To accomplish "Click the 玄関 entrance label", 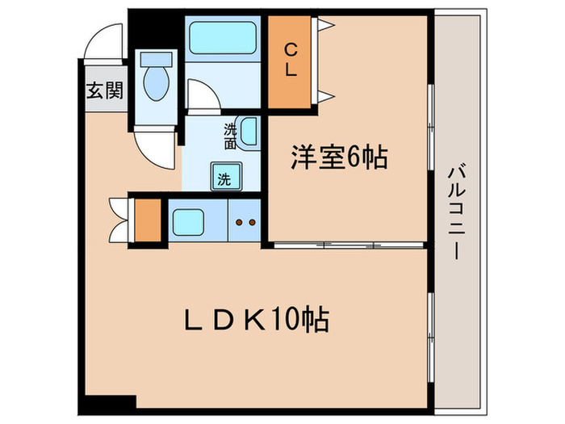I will click(x=104, y=90).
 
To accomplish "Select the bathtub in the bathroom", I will click(x=222, y=37).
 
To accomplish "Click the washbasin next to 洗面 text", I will click(x=249, y=134).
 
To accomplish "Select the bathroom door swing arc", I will click(x=203, y=94).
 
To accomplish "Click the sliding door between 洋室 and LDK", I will click(x=347, y=243).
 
